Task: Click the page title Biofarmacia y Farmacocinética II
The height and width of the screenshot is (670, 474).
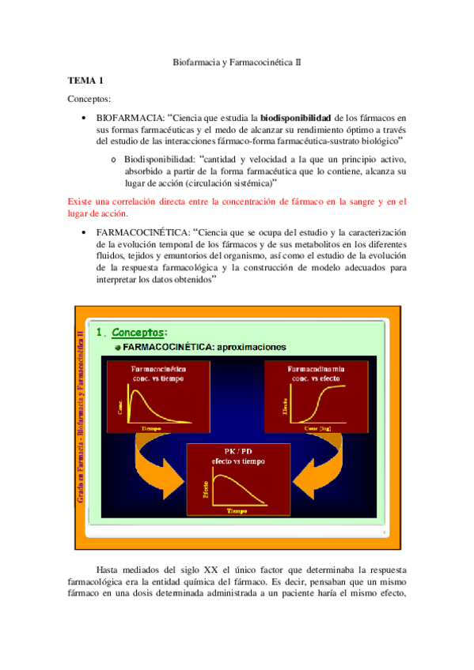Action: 237,61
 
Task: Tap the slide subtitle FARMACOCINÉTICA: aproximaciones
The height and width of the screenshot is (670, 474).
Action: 205,347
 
